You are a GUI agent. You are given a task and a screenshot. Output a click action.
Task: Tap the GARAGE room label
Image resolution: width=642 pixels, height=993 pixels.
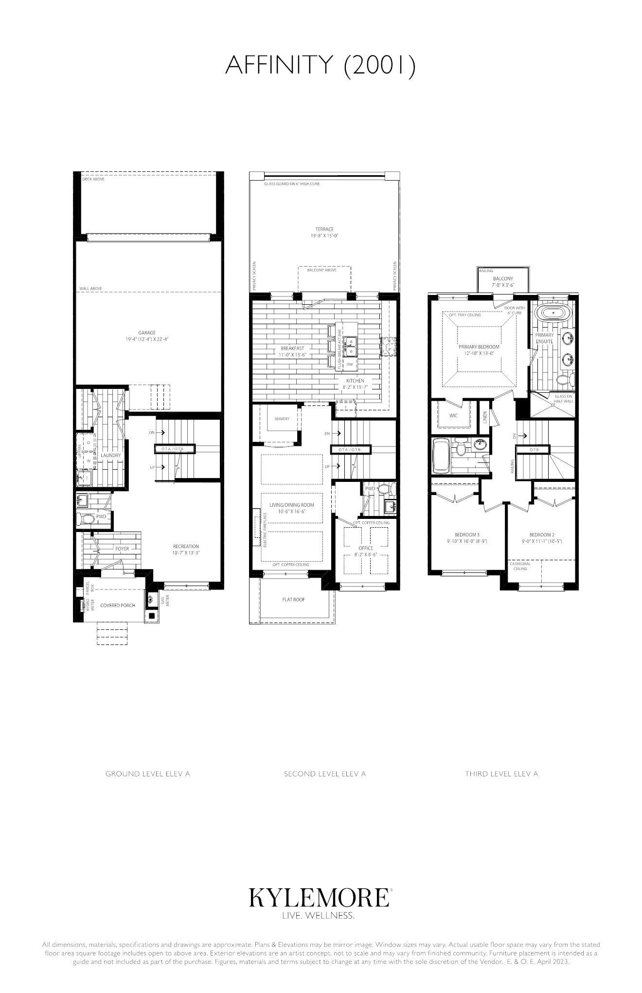click(x=147, y=333)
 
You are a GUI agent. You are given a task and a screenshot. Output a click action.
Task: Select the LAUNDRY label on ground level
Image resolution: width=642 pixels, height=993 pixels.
click(x=110, y=456)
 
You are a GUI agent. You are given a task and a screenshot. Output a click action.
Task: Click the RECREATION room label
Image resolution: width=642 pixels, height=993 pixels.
click(x=186, y=546)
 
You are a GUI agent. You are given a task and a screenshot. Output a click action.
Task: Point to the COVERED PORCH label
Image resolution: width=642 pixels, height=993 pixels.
click(x=118, y=606)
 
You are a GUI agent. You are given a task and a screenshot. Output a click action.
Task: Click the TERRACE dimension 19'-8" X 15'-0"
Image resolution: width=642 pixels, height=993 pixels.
click(x=324, y=236)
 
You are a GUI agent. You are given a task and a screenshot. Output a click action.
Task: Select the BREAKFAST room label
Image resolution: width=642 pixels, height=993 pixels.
click(x=292, y=349)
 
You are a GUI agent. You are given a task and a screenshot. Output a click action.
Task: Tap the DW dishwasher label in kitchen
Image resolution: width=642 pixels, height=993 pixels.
click(x=350, y=364)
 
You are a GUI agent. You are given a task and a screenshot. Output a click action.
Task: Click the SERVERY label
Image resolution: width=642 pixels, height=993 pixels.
click(x=282, y=419)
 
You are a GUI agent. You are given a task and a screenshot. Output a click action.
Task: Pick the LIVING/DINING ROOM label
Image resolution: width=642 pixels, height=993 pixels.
click(x=292, y=505)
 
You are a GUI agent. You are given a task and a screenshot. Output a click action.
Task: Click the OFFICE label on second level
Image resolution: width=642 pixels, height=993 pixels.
click(x=366, y=548)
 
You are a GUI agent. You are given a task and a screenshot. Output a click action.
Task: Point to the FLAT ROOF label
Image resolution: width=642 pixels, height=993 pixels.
click(x=294, y=599)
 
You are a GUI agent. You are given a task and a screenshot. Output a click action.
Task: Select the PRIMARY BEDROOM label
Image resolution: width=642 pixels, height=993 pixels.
click(x=479, y=347)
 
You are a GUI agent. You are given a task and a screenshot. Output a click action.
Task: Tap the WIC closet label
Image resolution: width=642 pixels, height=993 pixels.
click(x=453, y=416)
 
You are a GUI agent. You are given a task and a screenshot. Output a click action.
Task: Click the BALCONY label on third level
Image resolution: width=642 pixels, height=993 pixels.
click(x=503, y=279)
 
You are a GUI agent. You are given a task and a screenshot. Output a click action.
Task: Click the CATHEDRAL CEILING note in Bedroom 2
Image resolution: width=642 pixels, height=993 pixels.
click(x=520, y=566)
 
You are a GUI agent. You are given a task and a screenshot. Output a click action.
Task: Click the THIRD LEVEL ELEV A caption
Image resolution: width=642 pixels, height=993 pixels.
click(x=501, y=773)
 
